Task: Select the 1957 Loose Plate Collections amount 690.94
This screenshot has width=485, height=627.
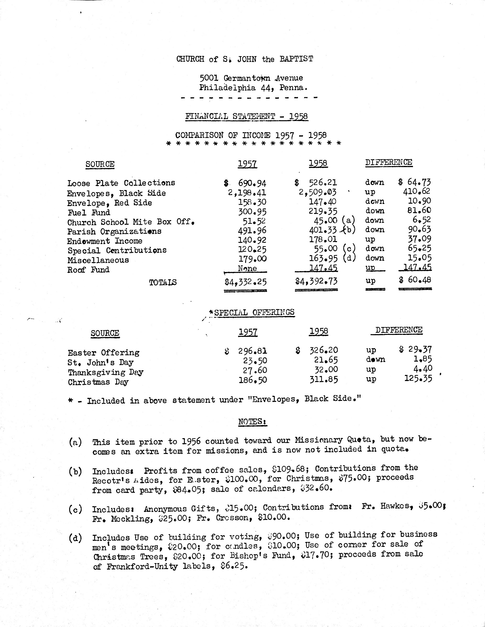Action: click(x=252, y=183)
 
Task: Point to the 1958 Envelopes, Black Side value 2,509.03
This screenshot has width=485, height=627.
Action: click(x=318, y=192)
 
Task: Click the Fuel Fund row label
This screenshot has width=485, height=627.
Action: click(x=89, y=213)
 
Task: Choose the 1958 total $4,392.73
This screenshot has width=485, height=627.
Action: click(x=316, y=281)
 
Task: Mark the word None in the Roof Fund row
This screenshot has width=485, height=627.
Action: click(x=247, y=268)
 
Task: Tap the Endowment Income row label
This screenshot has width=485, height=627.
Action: click(x=105, y=241)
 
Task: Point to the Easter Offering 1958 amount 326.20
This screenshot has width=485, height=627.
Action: click(x=324, y=350)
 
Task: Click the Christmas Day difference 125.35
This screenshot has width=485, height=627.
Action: click(x=418, y=378)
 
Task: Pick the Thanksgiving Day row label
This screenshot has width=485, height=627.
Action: click(x=105, y=372)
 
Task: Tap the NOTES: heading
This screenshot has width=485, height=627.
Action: click(x=253, y=421)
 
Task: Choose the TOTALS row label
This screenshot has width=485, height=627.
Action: click(x=163, y=283)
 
